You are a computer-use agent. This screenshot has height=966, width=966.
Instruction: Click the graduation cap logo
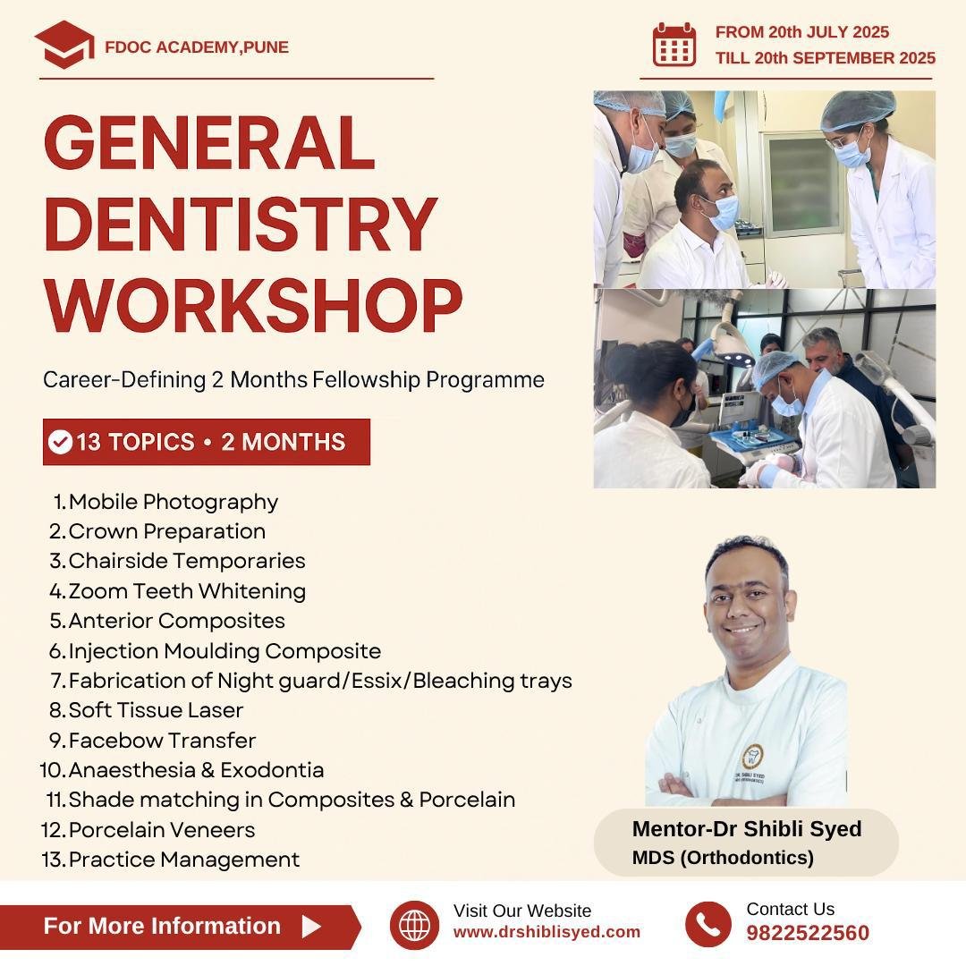64,45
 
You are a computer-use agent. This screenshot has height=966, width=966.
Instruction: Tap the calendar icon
674,45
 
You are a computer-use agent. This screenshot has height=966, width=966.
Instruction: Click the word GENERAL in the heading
209,142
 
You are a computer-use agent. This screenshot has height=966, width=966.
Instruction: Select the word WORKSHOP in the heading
253,305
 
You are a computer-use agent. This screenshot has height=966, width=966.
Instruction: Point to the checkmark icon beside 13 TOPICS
61,442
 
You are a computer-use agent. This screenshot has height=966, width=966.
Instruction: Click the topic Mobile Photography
174,502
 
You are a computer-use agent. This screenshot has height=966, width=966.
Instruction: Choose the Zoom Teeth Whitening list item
187,591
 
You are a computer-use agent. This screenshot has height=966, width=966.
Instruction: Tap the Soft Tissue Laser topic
156,710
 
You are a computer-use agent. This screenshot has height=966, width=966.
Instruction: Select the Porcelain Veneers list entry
161,830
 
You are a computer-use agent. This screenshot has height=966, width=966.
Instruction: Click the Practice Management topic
183,860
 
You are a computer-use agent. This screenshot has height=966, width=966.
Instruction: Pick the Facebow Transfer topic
162,741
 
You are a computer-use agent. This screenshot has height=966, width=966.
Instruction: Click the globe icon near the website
415,925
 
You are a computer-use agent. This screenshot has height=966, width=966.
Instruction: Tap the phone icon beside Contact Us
708,925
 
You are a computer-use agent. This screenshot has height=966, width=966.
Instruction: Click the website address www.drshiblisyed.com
547,932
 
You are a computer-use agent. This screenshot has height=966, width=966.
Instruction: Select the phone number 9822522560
808,933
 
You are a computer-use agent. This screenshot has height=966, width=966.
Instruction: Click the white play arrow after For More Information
311,926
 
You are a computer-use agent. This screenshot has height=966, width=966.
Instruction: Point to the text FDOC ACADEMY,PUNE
197,47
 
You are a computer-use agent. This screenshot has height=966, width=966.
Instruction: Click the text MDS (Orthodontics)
723,858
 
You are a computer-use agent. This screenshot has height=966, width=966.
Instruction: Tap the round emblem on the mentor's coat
752,756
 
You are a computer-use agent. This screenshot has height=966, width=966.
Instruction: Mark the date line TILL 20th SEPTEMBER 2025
825,58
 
